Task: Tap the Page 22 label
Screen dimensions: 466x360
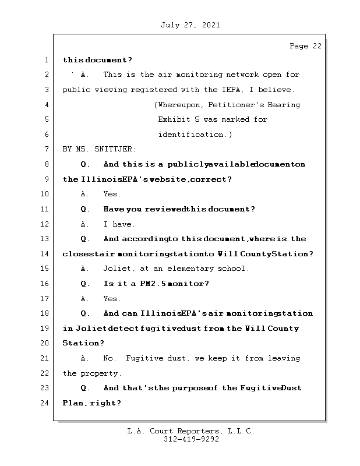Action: point(305,47)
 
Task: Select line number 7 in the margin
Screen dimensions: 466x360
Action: point(45,149)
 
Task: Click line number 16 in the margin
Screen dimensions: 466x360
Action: point(45,284)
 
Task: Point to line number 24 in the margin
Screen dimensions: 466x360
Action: point(45,403)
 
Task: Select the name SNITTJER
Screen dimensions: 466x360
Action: point(112,149)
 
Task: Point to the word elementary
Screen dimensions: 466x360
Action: point(188,269)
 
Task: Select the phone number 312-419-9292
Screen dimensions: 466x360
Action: point(191,440)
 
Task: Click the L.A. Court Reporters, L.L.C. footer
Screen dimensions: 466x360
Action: point(191,431)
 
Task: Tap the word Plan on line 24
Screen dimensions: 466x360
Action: point(73,403)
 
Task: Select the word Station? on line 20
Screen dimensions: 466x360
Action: point(83,343)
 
